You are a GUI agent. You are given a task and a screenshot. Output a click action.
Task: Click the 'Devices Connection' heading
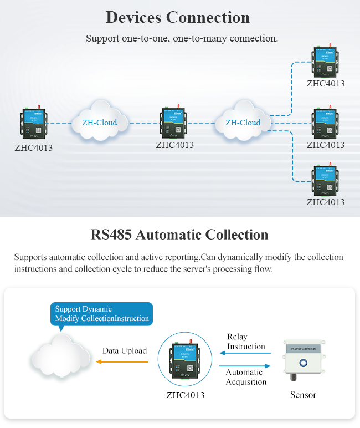tap(178, 17)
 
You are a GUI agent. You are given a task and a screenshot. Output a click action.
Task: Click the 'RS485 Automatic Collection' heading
tap(179, 235)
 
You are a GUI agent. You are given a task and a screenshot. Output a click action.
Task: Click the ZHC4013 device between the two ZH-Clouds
tap(174, 123)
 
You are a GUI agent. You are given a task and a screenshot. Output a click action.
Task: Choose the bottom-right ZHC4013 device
tap(326, 180)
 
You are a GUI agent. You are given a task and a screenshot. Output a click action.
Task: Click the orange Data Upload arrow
tap(122, 362)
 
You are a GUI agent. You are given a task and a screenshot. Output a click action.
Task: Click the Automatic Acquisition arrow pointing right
tap(245, 366)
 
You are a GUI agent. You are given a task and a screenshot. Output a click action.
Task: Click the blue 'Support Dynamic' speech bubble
tap(101, 314)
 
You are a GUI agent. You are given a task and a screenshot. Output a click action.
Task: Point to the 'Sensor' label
tap(303, 395)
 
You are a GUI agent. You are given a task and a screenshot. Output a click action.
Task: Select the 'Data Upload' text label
tap(125, 350)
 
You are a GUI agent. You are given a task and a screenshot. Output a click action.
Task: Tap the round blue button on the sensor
tap(303, 364)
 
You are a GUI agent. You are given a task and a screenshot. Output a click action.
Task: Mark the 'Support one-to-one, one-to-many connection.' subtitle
tap(182, 39)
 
